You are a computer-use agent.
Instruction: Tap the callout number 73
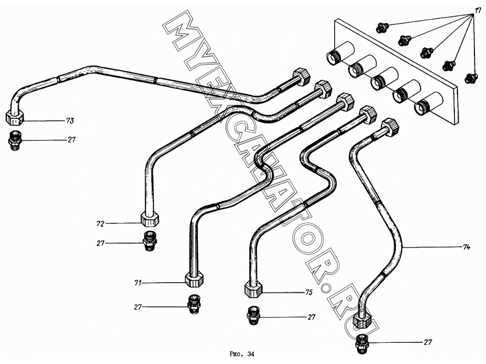tap(70, 120)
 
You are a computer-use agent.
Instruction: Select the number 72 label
tap(100, 223)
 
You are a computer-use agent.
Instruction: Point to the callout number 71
tap(138, 282)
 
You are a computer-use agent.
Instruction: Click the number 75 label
tap(309, 292)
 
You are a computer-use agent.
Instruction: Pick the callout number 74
tap(466, 247)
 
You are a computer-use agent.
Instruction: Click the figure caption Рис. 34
tap(242, 354)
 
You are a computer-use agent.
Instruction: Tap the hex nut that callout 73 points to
tap(15, 118)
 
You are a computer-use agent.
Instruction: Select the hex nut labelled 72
tap(150, 218)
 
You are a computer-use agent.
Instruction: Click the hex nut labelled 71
tap(194, 279)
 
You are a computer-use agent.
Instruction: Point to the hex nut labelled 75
tap(253, 289)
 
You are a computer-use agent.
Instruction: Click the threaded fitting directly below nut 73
tap(14, 141)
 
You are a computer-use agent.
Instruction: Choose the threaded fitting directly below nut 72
tap(150, 241)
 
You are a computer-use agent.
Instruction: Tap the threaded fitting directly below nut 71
tap(194, 304)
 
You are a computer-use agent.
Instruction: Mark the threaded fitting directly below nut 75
tap(253, 315)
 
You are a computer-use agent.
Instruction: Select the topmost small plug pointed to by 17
tap(381, 28)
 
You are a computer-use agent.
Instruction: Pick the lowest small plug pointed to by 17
tap(471, 77)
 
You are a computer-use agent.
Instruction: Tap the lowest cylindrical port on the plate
tap(429, 103)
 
